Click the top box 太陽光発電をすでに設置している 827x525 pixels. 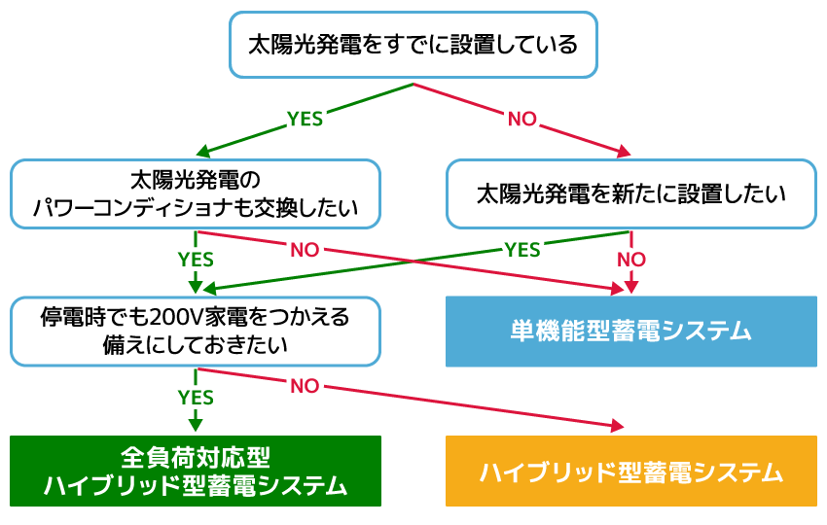[413, 45]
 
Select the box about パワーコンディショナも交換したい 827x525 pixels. [195, 194]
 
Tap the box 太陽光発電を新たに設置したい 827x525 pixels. [630, 194]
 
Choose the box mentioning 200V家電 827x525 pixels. [195, 331]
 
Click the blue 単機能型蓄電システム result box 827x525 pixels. [630, 332]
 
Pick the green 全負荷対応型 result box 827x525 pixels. [195, 471]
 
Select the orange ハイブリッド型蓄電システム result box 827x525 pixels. [630, 472]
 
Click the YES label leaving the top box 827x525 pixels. [305, 119]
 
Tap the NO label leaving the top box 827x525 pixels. [522, 119]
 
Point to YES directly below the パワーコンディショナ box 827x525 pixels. [196, 260]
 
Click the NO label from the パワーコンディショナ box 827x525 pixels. [305, 250]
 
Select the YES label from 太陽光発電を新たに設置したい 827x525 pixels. [522, 250]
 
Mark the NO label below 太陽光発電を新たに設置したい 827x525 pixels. [630, 260]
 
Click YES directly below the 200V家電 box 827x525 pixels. [196, 397]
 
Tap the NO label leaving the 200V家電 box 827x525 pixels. [305, 386]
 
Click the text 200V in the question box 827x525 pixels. [172, 318]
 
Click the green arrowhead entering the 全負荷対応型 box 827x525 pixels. [196, 425]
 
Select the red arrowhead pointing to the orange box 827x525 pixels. [617, 427]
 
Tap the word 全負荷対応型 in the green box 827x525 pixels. [195, 457]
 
